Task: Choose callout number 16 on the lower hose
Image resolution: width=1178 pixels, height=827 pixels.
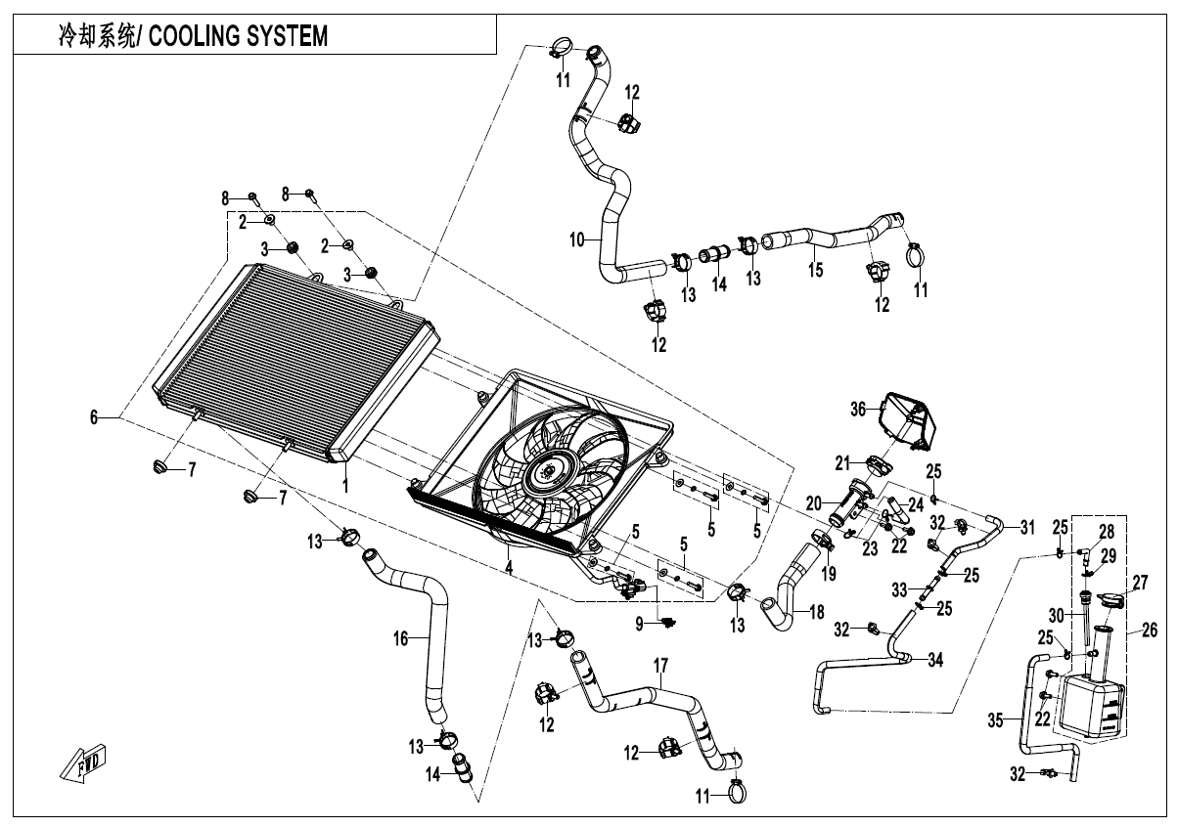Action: pyautogui.click(x=400, y=638)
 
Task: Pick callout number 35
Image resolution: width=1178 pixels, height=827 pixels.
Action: pyautogui.click(x=995, y=721)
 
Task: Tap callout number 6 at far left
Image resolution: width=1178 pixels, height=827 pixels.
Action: pyautogui.click(x=94, y=417)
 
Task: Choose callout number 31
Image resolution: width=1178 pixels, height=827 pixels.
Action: pyautogui.click(x=1026, y=528)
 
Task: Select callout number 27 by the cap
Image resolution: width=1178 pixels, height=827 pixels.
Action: pyautogui.click(x=1139, y=583)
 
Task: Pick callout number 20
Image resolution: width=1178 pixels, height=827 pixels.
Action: pyautogui.click(x=812, y=503)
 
